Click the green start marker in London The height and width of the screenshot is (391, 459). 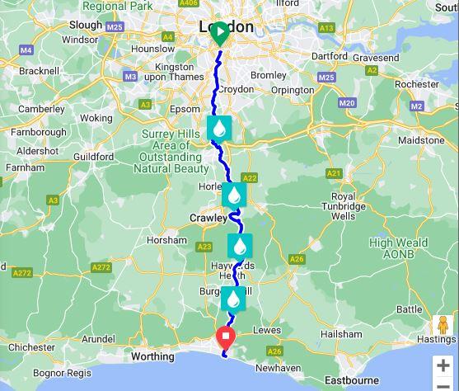(220, 34)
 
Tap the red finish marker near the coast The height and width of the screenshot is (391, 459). (225, 338)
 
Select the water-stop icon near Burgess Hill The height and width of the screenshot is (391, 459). (234, 298)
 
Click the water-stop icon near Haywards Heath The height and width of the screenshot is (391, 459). (240, 246)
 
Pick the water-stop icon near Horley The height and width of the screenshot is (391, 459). (235, 195)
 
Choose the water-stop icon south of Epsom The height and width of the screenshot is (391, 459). (219, 128)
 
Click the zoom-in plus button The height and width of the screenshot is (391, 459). (443, 365)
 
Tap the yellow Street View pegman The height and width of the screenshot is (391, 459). (443, 326)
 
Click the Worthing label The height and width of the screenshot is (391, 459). (154, 357)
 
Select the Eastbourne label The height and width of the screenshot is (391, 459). (351, 380)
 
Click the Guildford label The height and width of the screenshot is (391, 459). (92, 156)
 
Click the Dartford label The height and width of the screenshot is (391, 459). (330, 56)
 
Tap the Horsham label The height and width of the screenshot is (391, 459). (166, 240)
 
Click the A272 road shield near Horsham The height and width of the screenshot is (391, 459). (101, 267)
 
